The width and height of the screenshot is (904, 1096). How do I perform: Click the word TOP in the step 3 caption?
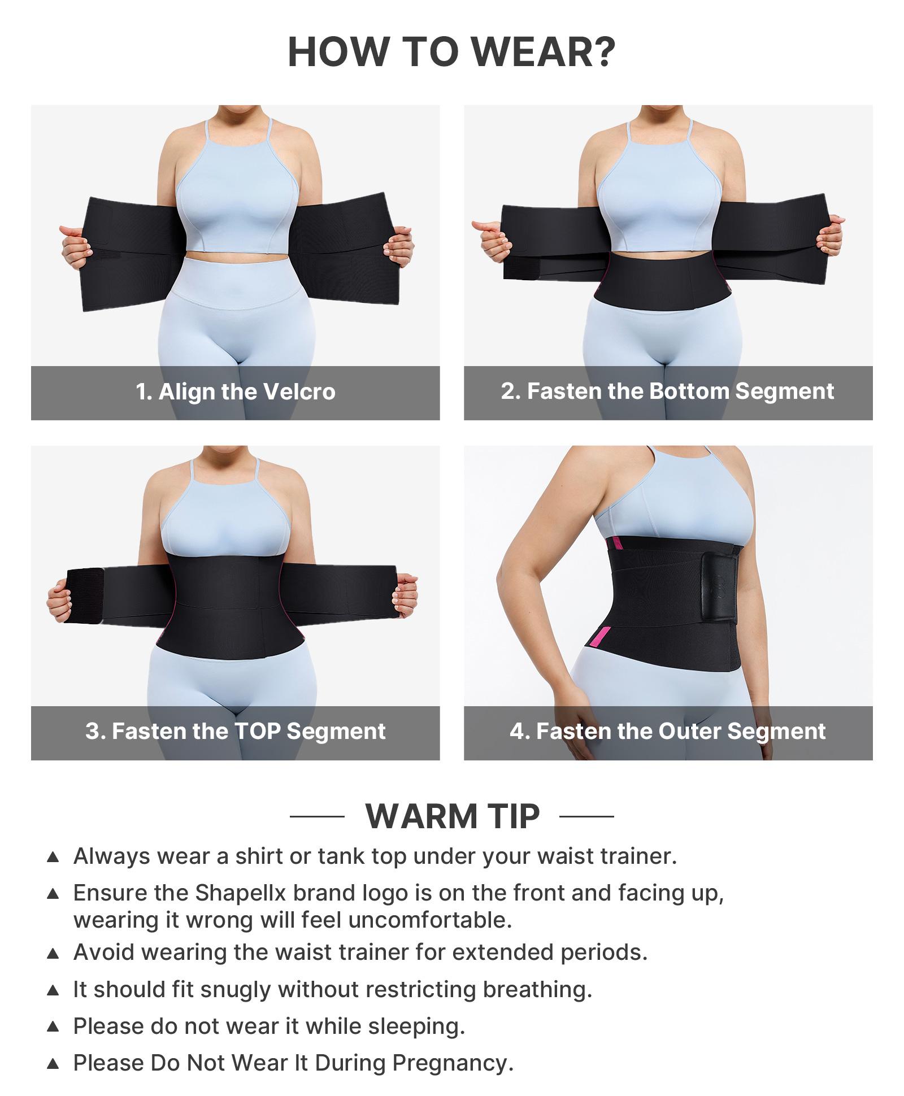click(x=257, y=731)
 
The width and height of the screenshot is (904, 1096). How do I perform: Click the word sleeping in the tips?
click(x=416, y=1026)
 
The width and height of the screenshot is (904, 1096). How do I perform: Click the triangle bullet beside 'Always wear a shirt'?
click(x=53, y=857)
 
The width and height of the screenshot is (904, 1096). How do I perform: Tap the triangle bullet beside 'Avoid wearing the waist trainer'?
click(x=53, y=953)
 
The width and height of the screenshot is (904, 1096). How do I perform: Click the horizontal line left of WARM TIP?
click(x=317, y=816)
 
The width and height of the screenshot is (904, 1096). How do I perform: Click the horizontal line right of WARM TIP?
click(x=586, y=816)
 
